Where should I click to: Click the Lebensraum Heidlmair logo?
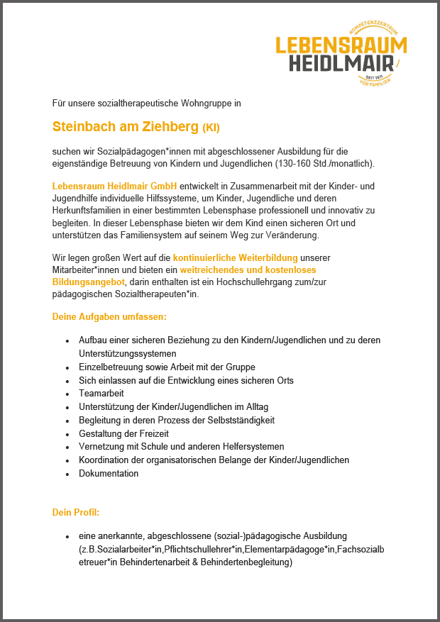tap(341, 54)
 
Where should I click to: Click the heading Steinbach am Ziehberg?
tap(126, 127)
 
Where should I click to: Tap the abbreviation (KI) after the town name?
tap(211, 128)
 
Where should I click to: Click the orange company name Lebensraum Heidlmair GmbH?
tap(114, 186)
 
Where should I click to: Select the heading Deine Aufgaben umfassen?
tap(109, 316)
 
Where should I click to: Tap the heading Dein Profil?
tap(76, 512)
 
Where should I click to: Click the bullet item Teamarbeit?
tap(101, 393)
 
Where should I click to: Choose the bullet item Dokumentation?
tap(109, 473)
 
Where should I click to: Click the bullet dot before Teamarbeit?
tap(67, 394)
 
